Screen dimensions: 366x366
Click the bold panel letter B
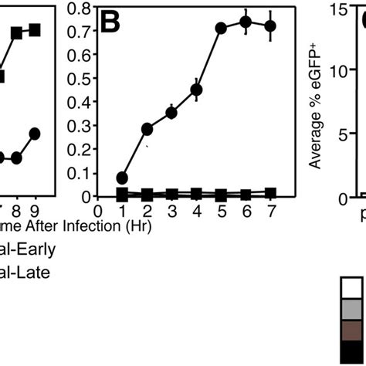(113, 25)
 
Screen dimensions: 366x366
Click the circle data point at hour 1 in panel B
(121, 178)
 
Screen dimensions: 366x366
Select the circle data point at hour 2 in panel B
(147, 129)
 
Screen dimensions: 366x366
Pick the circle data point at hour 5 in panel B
(221, 28)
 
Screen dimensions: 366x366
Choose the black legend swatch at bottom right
(351, 353)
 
